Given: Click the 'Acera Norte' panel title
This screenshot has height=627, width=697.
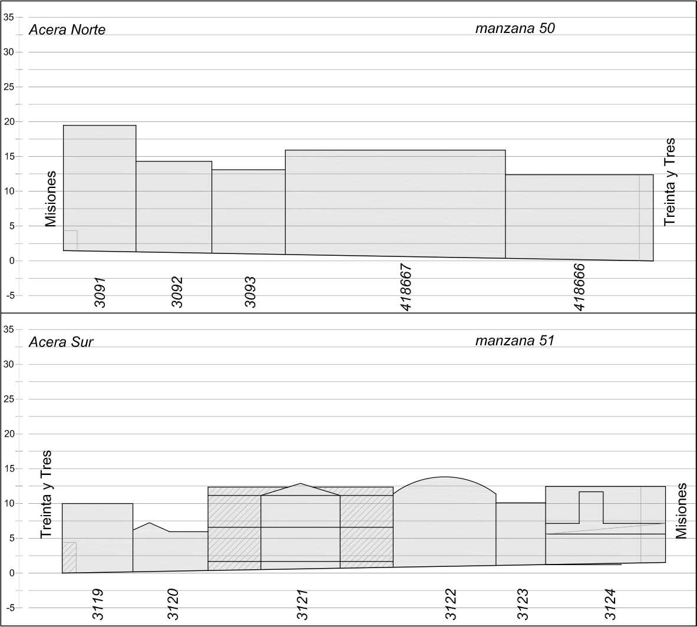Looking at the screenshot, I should coord(67,30).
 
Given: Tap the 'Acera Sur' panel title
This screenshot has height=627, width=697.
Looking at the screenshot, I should coord(61,342).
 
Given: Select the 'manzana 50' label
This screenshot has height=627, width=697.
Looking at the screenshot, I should coord(515,28).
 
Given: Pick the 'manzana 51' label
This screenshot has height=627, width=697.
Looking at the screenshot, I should coord(515,341).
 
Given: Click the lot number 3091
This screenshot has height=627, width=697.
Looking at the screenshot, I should coord(100,292).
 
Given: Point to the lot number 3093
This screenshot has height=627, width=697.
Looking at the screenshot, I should coord(250,292).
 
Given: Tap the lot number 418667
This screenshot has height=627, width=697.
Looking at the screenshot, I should coord(406,287).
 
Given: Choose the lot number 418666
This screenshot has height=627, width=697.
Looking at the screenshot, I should coord(580,287).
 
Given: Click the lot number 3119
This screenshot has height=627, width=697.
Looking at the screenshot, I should coord(98,604).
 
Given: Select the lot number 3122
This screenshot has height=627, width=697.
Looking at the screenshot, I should coord(451,604).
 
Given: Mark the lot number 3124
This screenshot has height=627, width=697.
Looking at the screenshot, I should coord(610,604).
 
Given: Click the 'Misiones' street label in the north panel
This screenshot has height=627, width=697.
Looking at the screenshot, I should coord(51,199).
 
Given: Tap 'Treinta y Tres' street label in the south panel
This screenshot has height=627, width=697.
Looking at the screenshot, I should coord(46,494).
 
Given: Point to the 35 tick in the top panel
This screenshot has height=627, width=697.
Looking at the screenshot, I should coord(9,17).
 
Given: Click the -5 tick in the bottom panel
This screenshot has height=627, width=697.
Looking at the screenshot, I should coord(9,608).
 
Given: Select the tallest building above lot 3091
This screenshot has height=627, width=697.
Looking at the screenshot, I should coord(100,189).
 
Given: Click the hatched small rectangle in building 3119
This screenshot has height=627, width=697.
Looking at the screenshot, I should coord(69,557).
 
